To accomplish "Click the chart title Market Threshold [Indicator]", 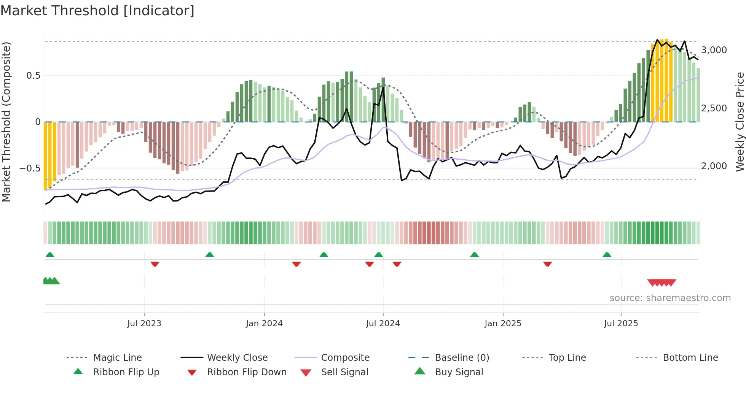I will point(97,11).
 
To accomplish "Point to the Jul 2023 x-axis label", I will point(144,324).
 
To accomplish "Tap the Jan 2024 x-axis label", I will point(264,324).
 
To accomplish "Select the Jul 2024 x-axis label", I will point(383,324).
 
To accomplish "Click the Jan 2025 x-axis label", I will point(503,324).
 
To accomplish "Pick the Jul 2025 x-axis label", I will point(621,324).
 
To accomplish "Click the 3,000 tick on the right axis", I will point(714,50).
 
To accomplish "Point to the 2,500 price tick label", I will point(714,108).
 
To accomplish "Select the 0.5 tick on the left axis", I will point(33,76).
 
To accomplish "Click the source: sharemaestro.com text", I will point(670,298).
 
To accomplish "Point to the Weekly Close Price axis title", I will point(740,122).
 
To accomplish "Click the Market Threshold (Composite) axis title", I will point(6,122).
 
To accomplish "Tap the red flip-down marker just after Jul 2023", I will point(155,264).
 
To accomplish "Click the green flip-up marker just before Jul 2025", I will point(607,255).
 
